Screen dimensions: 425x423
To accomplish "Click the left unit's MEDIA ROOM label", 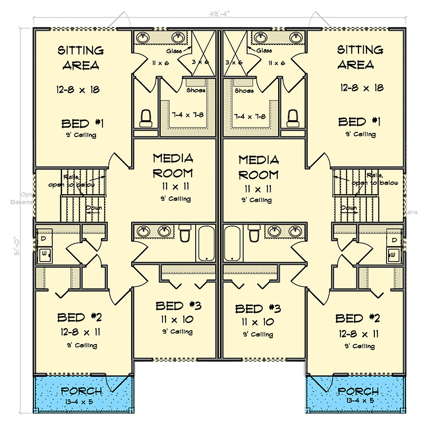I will coord(173,165).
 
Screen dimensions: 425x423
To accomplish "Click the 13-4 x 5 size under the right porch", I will coord(358,401).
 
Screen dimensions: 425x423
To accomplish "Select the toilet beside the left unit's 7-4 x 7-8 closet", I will coord(145,118).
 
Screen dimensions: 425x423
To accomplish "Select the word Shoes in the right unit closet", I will coord(244,91).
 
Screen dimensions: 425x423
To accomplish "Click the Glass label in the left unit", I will coord(174,51).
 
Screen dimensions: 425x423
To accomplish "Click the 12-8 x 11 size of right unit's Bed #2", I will coord(357,334).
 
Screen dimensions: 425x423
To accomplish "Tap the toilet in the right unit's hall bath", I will coord(254,232).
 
